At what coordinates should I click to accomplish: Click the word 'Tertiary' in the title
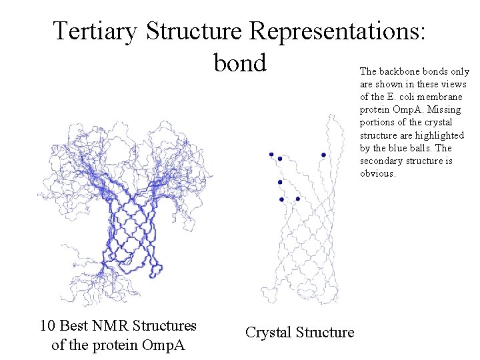tap(95, 30)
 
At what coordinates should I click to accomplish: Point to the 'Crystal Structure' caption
tap(299, 332)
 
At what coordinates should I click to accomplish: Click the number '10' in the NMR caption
tap(47, 326)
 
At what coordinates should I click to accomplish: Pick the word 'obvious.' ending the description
tap(378, 173)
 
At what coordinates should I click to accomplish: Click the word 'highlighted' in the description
tap(441, 135)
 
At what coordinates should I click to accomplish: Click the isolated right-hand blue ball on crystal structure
tap(323, 155)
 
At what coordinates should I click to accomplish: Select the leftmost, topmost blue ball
tap(271, 154)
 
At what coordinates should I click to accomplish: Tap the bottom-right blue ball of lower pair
tap(297, 199)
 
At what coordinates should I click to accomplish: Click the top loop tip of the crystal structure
tap(331, 117)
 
